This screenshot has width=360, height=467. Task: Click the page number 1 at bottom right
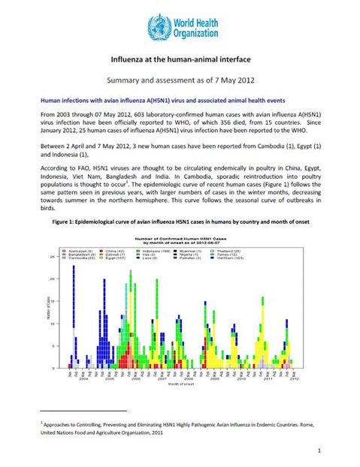tap(319, 450)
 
